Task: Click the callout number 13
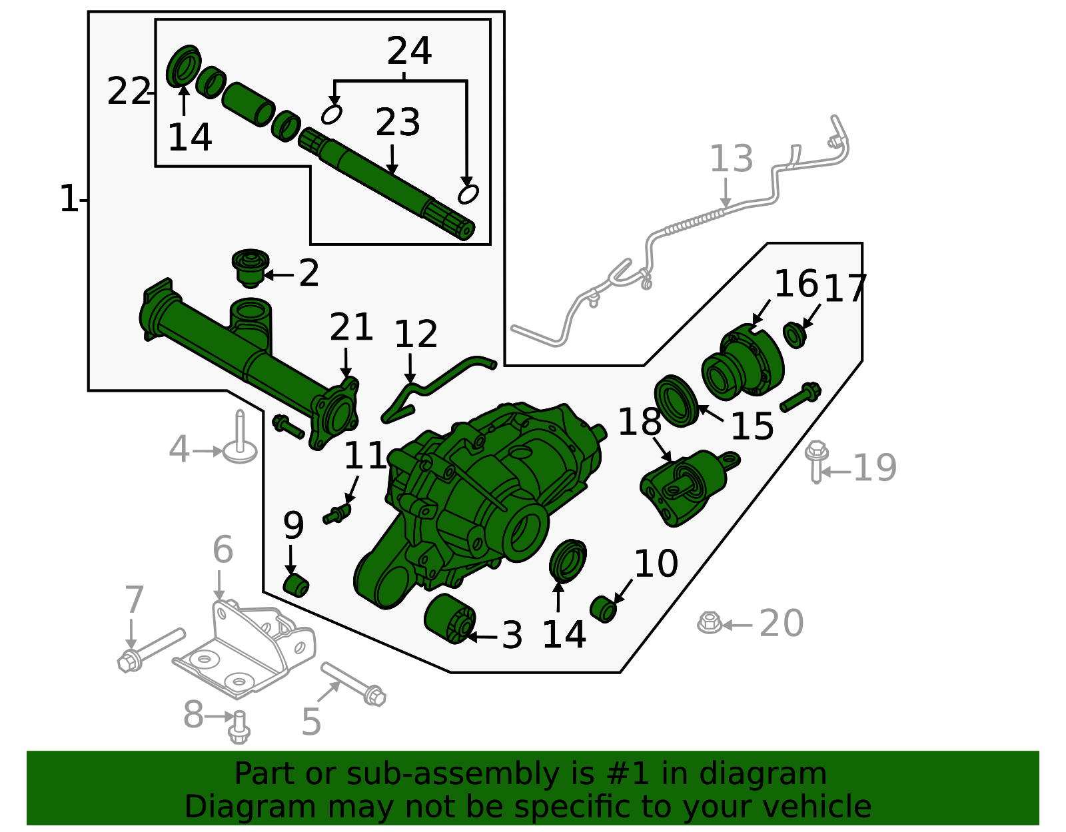[x=731, y=159]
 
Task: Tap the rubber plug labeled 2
[x=250, y=268]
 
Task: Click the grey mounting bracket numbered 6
[x=247, y=649]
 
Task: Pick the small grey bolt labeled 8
[x=239, y=727]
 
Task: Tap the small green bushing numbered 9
[x=296, y=585]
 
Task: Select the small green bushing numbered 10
[x=603, y=609]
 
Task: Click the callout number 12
[x=416, y=334]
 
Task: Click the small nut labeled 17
[x=794, y=334]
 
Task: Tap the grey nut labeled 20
[x=710, y=623]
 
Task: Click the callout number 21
[x=351, y=327]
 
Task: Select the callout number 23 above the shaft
[x=398, y=123]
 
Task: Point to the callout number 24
[x=409, y=51]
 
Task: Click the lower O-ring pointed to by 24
[x=468, y=195]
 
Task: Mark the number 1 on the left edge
[x=69, y=199]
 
